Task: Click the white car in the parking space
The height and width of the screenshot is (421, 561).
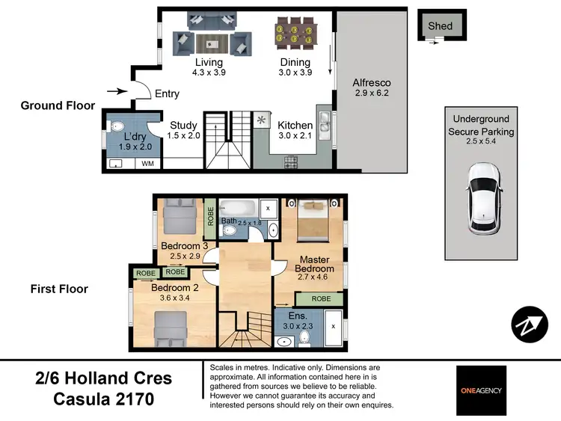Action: pyautogui.click(x=479, y=198)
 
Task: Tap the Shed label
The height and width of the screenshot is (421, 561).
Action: pyautogui.click(x=440, y=26)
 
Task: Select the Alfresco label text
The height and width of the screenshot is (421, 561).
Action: pyautogui.click(x=373, y=82)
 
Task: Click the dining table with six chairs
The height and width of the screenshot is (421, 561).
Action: pyautogui.click(x=295, y=34)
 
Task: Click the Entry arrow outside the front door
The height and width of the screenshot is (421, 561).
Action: pyautogui.click(x=117, y=91)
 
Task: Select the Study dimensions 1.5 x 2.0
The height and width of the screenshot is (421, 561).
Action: pyautogui.click(x=183, y=135)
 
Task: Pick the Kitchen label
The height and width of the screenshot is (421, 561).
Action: pyautogui.click(x=295, y=125)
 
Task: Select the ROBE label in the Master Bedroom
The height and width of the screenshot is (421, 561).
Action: pyautogui.click(x=321, y=298)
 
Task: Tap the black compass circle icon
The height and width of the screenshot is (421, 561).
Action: pyautogui.click(x=530, y=324)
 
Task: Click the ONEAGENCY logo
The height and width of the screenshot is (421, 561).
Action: pyautogui.click(x=481, y=390)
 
